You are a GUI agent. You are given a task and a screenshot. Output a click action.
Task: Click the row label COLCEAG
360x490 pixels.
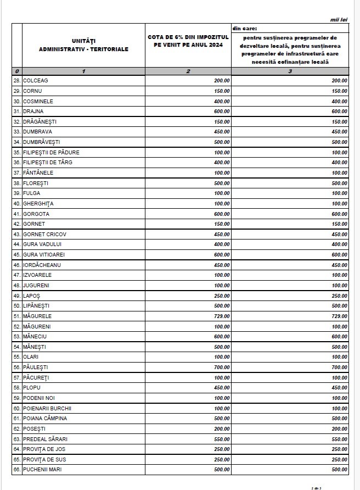tap(36, 81)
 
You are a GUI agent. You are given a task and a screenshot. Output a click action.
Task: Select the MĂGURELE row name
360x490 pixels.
tap(37, 316)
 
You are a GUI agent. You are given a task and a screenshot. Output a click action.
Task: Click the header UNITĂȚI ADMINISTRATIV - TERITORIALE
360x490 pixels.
tap(83, 45)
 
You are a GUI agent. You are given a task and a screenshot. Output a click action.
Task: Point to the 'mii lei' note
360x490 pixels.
tap(339, 19)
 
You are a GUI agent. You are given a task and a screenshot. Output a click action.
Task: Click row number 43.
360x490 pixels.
tap(17, 235)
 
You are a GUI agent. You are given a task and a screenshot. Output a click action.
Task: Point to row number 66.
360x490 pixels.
tap(17, 470)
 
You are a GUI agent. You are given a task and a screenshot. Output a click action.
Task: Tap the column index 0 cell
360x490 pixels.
tap(17, 71)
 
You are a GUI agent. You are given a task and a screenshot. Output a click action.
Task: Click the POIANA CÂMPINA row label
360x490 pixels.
tap(45, 419)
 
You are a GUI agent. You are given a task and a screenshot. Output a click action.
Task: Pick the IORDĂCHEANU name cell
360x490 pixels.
tap(42, 265)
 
